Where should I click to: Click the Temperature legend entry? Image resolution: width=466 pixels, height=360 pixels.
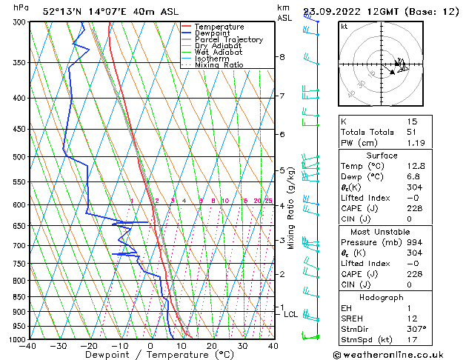tap(219, 27)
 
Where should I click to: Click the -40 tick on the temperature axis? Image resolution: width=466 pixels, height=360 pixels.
tap(29, 346)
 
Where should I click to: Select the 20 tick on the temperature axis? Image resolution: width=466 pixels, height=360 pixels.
tap(212, 346)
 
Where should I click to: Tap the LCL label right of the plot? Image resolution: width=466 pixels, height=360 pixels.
tap(290, 314)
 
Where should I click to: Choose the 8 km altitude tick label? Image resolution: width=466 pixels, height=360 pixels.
tap(282, 57)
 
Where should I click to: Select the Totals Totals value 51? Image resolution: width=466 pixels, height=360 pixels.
tap(411, 132)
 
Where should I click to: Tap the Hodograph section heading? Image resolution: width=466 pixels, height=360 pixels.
tap(382, 297)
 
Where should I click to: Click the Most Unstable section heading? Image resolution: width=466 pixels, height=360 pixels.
tap(382, 231)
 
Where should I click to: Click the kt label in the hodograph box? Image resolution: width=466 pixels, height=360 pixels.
tap(344, 26)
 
